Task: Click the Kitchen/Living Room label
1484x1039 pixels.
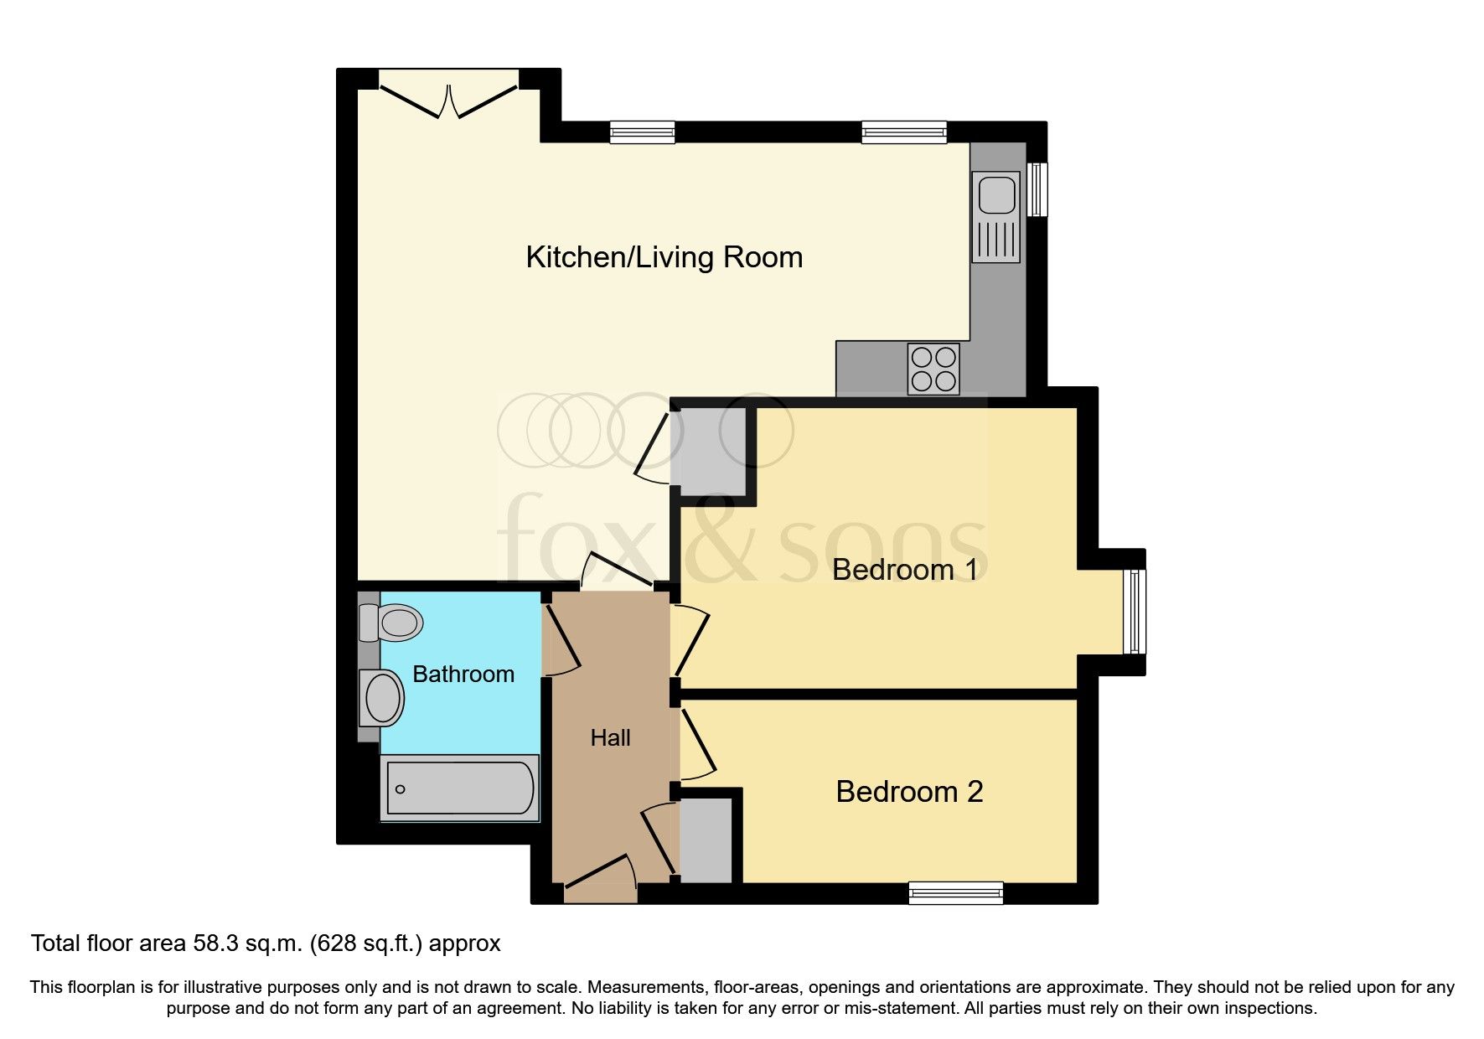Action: [664, 257]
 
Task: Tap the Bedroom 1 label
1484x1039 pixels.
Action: [904, 570]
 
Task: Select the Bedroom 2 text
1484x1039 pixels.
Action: [909, 792]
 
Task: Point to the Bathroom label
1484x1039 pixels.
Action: [463, 674]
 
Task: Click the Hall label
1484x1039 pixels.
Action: [610, 738]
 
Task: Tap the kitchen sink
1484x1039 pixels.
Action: [996, 195]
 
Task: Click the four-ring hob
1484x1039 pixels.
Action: [933, 369]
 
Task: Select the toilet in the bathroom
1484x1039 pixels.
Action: [392, 623]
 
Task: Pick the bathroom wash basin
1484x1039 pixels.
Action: [382, 698]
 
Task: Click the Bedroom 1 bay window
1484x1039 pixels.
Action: [1135, 612]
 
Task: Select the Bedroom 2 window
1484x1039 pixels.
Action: [955, 893]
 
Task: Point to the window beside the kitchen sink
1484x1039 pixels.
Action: [1037, 189]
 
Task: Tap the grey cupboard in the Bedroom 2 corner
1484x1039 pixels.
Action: [706, 840]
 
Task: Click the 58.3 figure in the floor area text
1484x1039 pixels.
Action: [216, 943]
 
